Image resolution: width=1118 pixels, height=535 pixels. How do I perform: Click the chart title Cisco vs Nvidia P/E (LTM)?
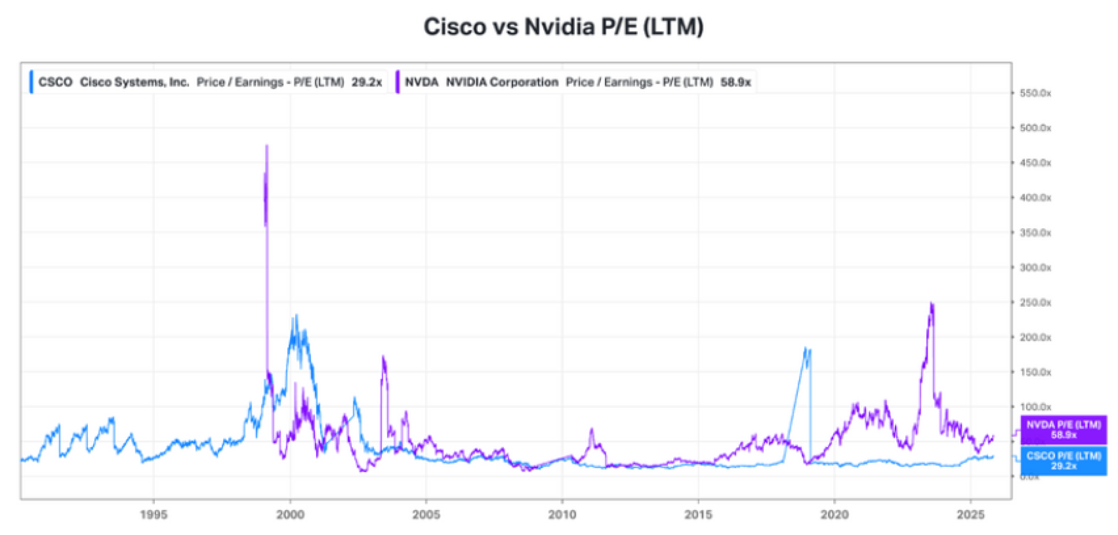click(563, 27)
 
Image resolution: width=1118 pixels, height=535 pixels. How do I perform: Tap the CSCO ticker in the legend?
click(55, 82)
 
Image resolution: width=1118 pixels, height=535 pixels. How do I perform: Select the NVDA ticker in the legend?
click(422, 82)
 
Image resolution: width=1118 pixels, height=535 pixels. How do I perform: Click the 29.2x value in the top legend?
click(366, 82)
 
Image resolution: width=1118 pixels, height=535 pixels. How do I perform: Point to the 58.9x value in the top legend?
click(735, 82)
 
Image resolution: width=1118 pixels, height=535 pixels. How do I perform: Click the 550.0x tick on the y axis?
click(1035, 93)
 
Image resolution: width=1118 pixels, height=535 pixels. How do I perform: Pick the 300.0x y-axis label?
click(1035, 268)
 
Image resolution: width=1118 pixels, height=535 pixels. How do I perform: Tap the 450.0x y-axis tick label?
click(1035, 163)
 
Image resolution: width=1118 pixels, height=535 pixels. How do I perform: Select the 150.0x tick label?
click(1035, 372)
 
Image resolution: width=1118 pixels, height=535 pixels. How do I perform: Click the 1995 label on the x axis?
click(154, 515)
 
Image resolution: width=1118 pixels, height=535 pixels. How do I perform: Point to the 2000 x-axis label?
click(290, 515)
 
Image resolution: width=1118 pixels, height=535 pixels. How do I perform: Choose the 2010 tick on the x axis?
click(562, 515)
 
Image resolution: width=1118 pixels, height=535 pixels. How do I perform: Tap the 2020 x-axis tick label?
click(834, 515)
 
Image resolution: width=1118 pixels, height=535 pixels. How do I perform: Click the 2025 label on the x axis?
click(970, 515)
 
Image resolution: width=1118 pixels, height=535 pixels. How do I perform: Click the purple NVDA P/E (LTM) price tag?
click(1063, 430)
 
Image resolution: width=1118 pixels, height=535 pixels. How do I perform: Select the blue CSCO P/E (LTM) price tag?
click(1063, 460)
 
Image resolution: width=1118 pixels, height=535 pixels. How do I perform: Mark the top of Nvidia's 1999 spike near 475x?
click(267, 146)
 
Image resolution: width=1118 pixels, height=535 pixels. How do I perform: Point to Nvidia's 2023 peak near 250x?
click(932, 303)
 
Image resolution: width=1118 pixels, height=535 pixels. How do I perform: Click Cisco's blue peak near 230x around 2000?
click(296, 316)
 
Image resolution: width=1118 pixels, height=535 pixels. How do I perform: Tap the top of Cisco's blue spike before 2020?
click(806, 348)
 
